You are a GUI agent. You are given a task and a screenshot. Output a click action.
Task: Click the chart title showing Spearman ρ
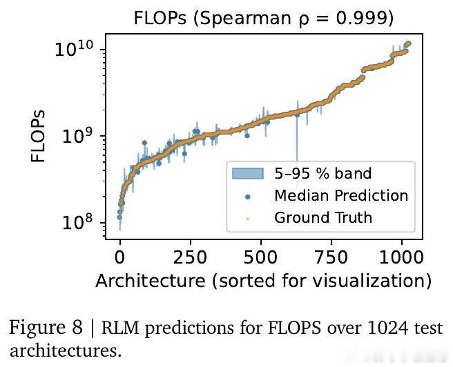click(x=263, y=18)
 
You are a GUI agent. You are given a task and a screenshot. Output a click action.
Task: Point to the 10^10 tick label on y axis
click(x=79, y=49)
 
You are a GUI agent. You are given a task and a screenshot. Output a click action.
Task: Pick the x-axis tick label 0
click(x=120, y=257)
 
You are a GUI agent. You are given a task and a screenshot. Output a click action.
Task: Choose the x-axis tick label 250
click(x=190, y=257)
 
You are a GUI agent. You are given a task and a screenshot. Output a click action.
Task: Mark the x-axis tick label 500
click(x=261, y=257)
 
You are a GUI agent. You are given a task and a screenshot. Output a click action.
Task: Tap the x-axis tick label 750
click(x=331, y=257)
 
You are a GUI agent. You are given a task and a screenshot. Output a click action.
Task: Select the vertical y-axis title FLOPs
click(x=39, y=136)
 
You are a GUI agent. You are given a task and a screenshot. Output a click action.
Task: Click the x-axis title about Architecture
click(x=263, y=281)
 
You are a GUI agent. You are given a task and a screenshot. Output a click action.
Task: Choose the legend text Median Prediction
click(x=341, y=195)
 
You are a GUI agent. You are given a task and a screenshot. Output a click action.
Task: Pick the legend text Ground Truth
click(x=323, y=218)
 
